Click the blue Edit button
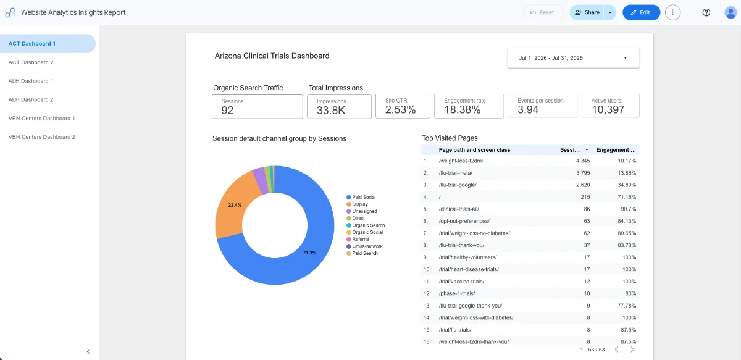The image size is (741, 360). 641,12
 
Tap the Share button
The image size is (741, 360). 587,12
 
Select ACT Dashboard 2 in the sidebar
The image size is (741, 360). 31,62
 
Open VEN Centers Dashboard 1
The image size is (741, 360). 42,119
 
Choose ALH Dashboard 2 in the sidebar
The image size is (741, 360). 31,99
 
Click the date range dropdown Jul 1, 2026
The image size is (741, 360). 573,58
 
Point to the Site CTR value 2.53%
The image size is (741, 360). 400,109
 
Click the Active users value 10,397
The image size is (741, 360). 608,109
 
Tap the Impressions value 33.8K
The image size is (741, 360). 331,110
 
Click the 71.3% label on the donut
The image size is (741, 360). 309,253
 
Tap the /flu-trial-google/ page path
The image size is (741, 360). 458,185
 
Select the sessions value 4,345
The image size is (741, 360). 583,161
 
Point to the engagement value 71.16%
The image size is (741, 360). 627,197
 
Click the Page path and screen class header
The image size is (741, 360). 474,150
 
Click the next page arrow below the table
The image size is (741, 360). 632,350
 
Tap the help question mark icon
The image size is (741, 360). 706,12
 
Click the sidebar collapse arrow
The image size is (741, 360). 88,351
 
